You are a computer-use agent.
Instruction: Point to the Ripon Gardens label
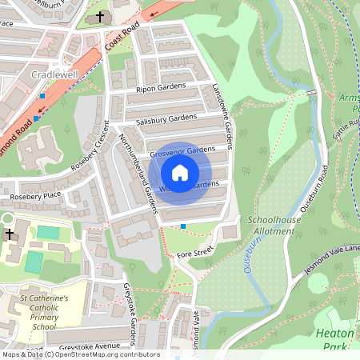click(x=161, y=88)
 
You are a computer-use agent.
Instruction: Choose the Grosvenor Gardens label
click(x=182, y=150)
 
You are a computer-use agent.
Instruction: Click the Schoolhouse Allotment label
click(x=274, y=224)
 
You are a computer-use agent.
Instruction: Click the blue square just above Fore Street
click(x=183, y=226)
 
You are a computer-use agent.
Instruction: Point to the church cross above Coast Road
click(x=100, y=16)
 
